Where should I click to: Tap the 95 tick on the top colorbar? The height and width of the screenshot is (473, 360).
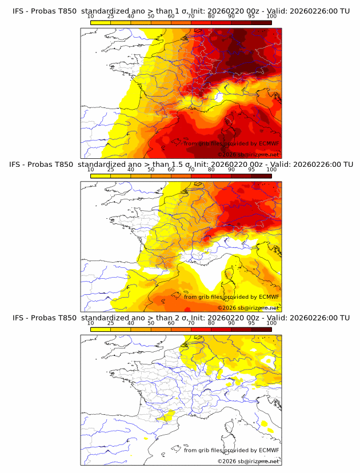coord(251,17)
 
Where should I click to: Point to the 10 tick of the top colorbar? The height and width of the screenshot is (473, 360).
coord(90,17)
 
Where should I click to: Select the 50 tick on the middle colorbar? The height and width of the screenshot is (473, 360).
coord(151,170)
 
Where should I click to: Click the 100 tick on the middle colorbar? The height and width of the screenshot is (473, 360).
coord(271,170)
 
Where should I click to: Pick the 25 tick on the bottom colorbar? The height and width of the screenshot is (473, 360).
coord(111,323)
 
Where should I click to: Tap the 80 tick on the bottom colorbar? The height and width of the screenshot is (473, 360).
coord(211,323)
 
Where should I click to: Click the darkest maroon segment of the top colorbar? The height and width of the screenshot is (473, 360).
coord(261,22)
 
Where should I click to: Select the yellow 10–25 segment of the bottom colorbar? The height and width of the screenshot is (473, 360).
coord(101,328)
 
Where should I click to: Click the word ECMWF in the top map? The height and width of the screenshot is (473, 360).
coord(269,144)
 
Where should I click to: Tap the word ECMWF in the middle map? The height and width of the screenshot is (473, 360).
coord(269,297)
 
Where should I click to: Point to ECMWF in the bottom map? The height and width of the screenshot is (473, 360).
coord(269,450)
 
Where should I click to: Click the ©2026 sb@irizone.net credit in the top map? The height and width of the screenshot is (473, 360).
coord(248,155)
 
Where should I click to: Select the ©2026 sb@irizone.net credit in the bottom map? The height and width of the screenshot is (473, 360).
coord(248,461)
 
